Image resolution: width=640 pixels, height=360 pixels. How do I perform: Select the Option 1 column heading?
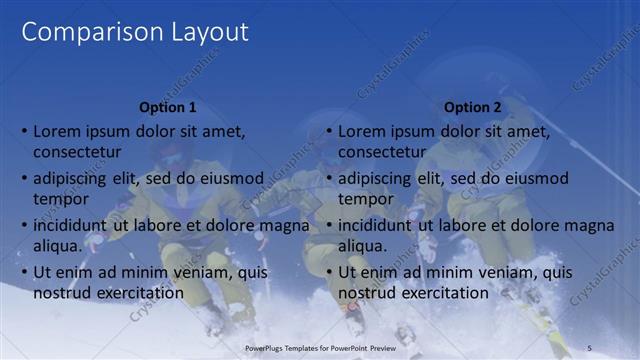click(x=167, y=107)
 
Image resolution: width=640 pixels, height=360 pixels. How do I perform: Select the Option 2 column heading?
click(x=471, y=107)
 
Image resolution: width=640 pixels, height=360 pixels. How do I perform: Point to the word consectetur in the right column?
click(x=383, y=152)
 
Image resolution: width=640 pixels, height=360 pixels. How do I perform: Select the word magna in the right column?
click(x=590, y=225)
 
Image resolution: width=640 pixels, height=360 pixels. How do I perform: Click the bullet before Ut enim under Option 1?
click(x=24, y=272)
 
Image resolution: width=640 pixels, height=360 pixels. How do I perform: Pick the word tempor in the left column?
click(x=62, y=199)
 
